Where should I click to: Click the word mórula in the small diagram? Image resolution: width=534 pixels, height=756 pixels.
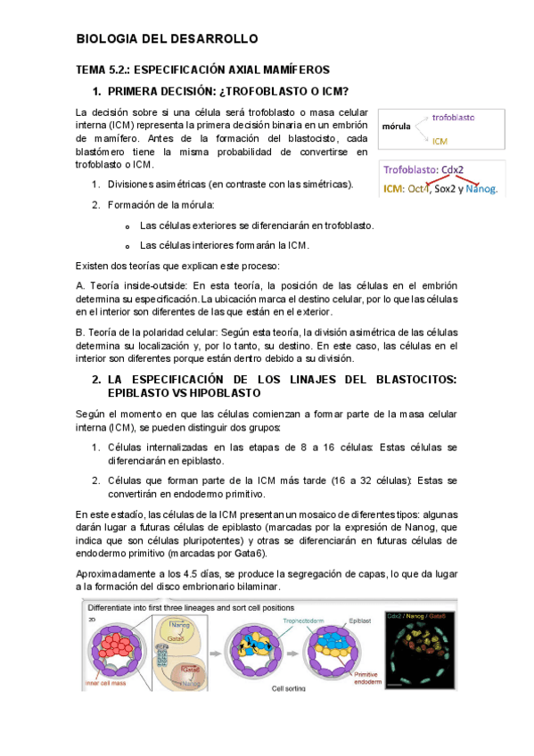396,127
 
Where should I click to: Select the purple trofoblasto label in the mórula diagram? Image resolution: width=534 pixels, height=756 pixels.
453,118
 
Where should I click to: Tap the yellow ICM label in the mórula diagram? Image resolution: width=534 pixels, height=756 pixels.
440,141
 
